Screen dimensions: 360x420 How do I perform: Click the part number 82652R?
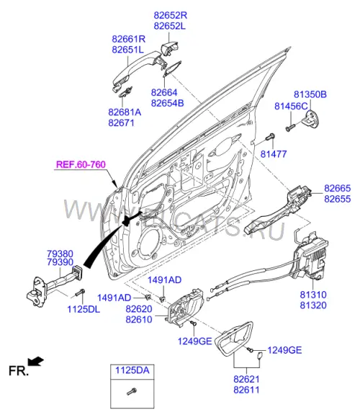170,15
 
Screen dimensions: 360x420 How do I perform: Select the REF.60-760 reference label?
81,164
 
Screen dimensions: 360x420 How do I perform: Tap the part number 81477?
274,154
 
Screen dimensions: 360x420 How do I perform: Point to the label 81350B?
310,94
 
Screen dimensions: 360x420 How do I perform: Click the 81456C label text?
291,106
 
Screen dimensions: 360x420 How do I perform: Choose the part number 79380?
60,254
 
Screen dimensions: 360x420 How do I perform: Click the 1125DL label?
84,309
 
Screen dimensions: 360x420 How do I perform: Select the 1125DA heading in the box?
132,370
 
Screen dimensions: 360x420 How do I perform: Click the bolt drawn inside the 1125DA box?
132,392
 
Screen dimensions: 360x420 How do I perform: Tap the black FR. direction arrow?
36,361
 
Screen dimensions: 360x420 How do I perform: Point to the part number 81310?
313,295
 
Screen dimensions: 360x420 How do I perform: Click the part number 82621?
246,379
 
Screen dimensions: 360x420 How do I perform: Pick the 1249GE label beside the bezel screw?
284,350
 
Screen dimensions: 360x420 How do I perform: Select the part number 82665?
337,188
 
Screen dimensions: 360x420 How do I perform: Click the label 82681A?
125,112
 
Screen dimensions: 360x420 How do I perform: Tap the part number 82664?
164,92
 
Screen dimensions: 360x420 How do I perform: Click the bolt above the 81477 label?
270,136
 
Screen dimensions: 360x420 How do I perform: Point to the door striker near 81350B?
310,118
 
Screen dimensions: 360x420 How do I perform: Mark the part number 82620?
139,309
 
